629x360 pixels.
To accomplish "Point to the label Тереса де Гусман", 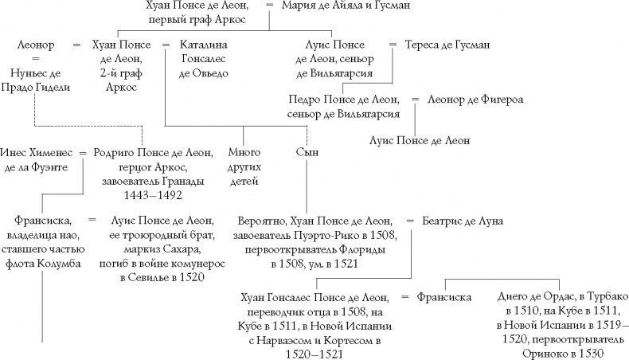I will point(449,45).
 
